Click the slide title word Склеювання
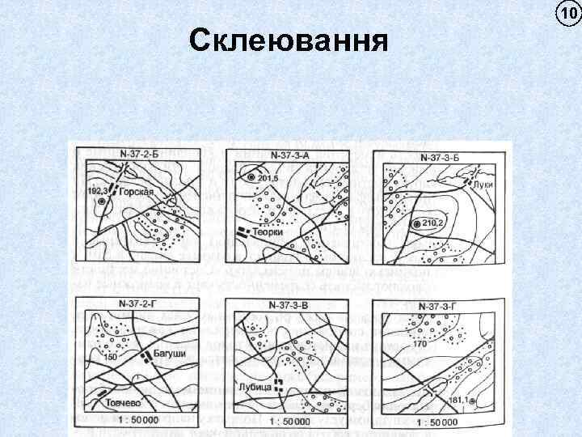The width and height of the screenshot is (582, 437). click(x=288, y=40)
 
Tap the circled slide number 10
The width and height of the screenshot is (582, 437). click(x=567, y=12)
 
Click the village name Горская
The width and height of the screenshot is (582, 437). click(x=138, y=194)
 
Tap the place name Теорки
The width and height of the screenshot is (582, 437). click(x=268, y=232)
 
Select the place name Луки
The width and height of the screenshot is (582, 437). click(x=485, y=185)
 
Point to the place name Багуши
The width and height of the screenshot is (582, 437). click(x=170, y=355)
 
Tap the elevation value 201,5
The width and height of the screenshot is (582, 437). click(x=268, y=178)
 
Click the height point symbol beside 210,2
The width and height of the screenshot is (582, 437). click(x=415, y=223)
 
